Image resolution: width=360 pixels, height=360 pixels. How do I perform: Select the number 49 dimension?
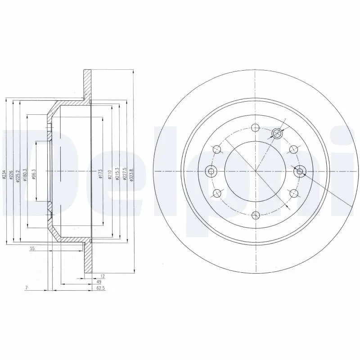(99, 282)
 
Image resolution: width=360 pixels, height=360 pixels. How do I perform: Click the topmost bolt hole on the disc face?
(255, 127)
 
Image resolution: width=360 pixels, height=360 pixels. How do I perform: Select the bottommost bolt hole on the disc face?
(255, 215)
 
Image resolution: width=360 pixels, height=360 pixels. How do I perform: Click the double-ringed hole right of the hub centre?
(299, 171)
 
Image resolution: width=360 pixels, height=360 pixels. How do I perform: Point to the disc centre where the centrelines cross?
(255, 171)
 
